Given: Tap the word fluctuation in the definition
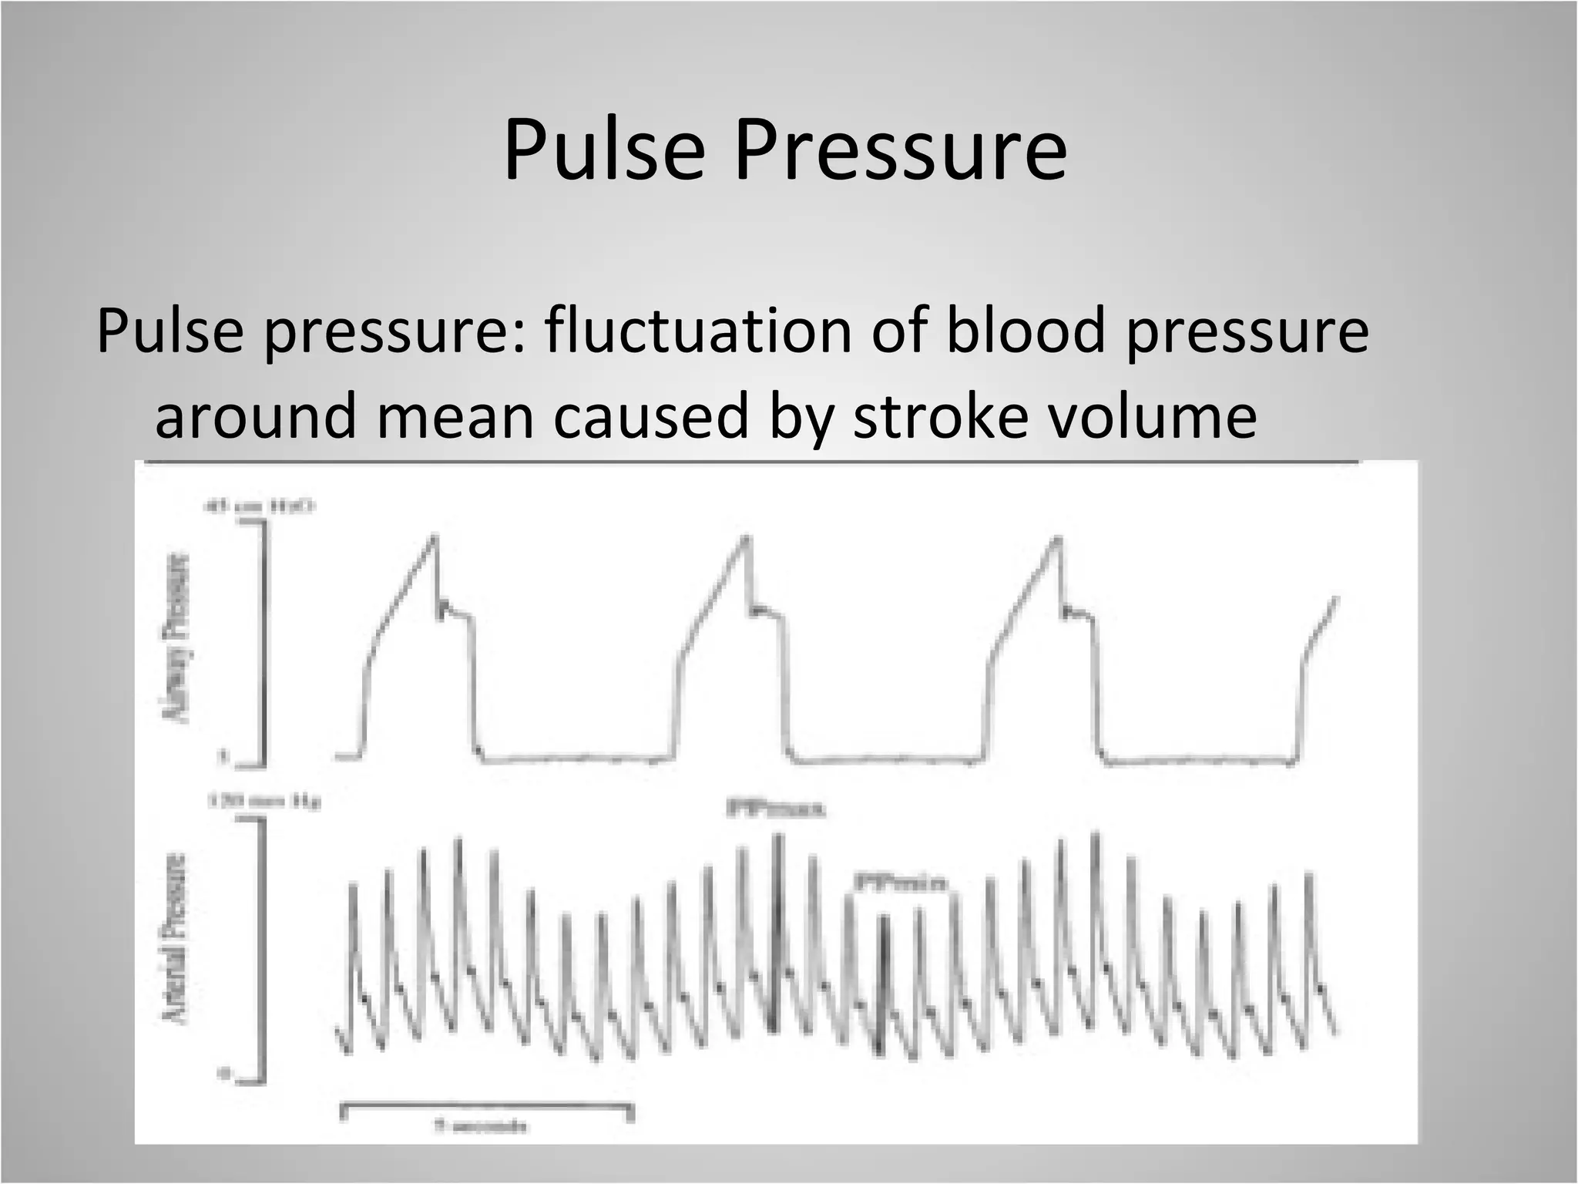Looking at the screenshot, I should pos(697,330).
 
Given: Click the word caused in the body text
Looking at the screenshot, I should pos(651,415).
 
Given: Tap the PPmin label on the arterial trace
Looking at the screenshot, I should pos(900,883).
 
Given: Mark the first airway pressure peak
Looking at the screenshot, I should pos(435,535).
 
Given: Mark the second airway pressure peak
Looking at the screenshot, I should pos(746,536).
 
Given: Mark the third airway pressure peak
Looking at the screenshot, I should pos(1058,537).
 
